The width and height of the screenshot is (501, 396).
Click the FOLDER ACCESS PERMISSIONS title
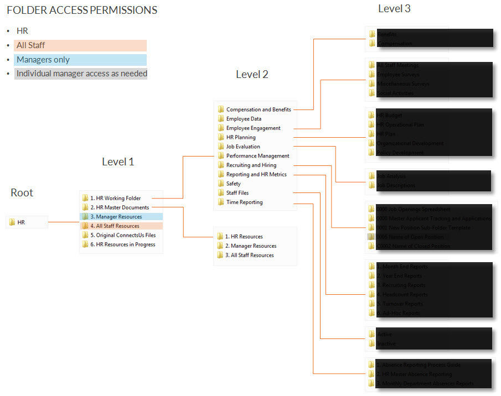[x=82, y=10]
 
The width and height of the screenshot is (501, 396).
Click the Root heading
[x=22, y=192]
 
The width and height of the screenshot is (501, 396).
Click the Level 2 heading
[x=252, y=74]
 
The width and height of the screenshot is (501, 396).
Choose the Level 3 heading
[x=394, y=8]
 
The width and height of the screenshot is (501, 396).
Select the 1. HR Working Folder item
[x=115, y=198]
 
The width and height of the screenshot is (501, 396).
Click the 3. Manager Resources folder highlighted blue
[x=116, y=217]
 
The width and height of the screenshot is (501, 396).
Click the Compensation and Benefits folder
[x=258, y=110]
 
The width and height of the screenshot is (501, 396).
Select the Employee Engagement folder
[x=253, y=128]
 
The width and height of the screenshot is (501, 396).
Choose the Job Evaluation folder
[x=243, y=147]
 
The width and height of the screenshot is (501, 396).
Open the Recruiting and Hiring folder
[x=251, y=165]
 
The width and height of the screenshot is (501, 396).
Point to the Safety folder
[x=233, y=184]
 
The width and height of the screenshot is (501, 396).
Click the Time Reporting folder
[x=244, y=202]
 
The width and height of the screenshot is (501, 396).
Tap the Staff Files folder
[x=237, y=193]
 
